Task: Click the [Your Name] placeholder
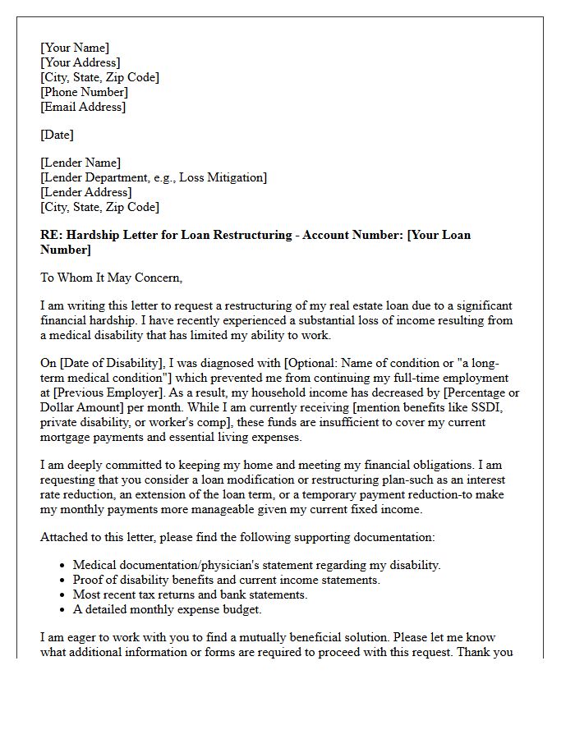coord(75,48)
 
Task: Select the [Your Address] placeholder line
coord(80,62)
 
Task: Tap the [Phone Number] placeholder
coord(84,92)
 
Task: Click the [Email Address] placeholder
coord(83,107)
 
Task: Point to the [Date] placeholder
coord(57,135)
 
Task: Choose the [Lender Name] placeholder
coord(80,163)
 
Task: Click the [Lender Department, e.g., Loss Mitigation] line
coord(154,177)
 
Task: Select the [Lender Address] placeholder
coord(85,192)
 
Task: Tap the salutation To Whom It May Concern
coord(111,278)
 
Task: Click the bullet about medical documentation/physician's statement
coord(256,565)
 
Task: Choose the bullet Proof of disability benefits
coord(226,580)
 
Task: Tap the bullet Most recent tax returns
coord(190,594)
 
